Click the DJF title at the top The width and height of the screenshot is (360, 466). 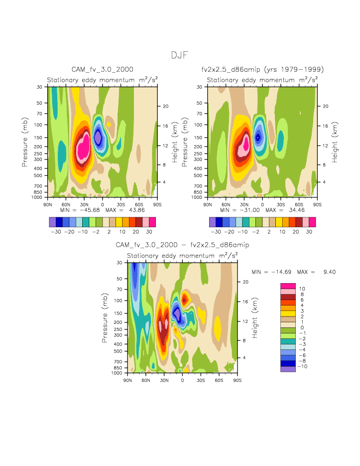pos(179,55)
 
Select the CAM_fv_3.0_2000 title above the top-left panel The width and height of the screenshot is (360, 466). pos(103,69)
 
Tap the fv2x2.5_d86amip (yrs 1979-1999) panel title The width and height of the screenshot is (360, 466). pos(262,69)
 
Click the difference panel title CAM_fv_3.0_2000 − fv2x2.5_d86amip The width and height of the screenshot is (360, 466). pos(182,245)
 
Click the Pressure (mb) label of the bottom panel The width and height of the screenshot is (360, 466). pos(105,317)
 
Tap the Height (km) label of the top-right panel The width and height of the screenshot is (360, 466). pos(336,142)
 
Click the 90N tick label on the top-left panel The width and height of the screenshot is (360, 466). pos(48,204)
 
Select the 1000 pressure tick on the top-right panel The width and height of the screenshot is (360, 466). pos(201,197)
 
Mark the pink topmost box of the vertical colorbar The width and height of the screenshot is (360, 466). pos(288,286)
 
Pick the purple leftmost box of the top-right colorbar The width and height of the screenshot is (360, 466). pos(213,222)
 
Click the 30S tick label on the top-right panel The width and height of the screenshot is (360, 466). pos(280,204)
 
